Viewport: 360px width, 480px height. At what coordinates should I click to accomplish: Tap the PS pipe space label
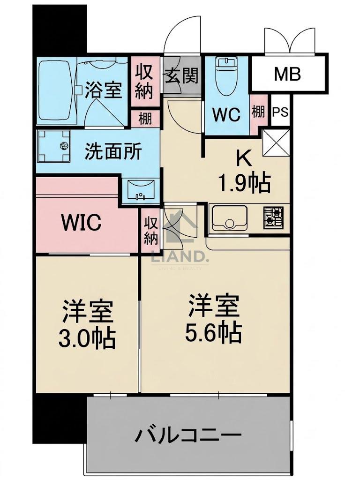280,112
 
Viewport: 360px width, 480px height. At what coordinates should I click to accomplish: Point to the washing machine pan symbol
53,146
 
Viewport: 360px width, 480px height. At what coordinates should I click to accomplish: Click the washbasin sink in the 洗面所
140,190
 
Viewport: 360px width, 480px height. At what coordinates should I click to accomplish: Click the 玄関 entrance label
182,75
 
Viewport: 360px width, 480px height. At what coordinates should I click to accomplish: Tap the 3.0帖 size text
87,338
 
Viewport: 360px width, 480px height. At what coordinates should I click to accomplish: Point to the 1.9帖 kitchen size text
244,183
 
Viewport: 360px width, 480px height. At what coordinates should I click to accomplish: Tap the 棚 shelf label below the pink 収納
145,118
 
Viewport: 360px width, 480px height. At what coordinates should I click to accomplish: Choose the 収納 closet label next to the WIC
151,230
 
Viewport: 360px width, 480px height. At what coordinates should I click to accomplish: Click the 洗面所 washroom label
113,150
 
